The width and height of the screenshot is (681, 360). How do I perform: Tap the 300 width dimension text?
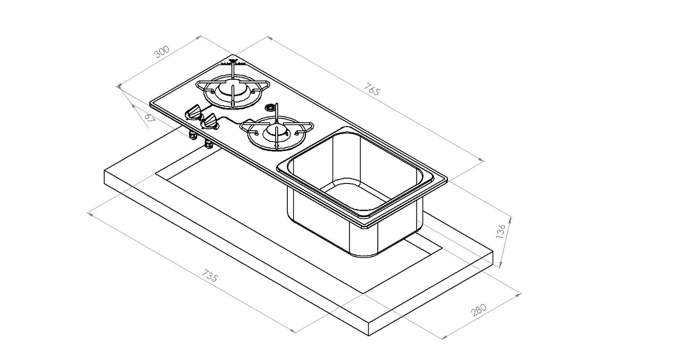point(161,52)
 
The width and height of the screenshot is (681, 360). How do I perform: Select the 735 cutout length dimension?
point(210,278)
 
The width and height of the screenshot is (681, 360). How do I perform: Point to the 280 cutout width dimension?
point(479,311)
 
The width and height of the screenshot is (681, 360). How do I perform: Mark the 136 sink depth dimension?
point(501,232)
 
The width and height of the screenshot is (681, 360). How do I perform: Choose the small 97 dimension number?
point(150,118)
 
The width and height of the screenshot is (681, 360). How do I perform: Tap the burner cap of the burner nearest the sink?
point(277,131)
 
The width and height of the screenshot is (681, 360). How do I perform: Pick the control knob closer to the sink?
point(210,122)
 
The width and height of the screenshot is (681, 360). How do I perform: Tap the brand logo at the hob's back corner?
point(234,62)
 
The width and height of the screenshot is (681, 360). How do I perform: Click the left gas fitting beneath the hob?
point(192,136)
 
